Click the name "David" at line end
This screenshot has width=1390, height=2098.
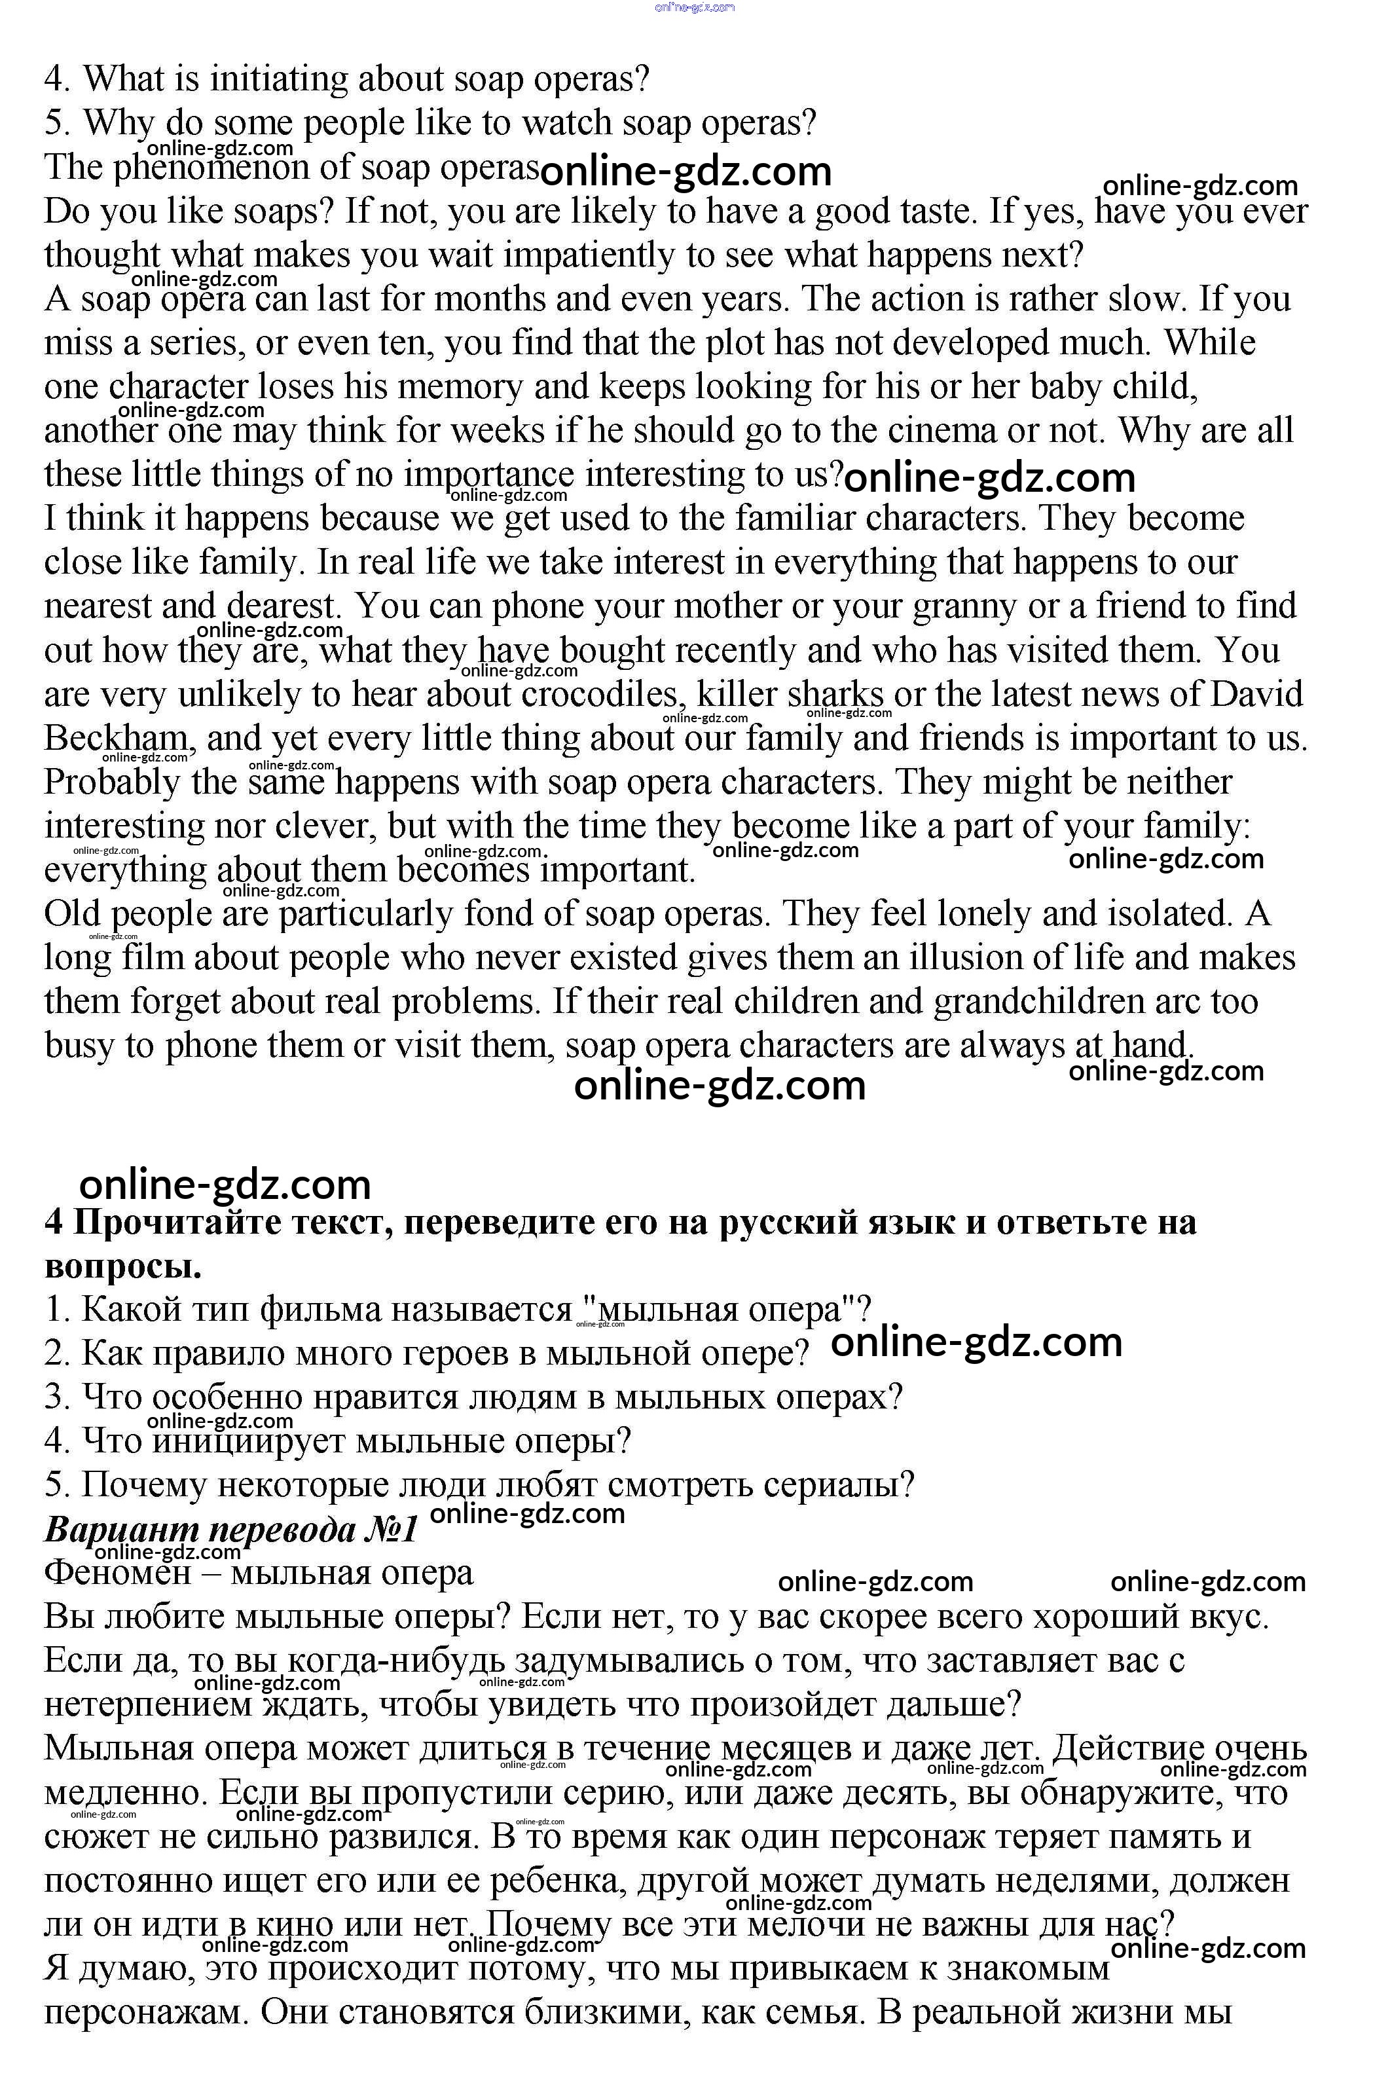pos(1256,694)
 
